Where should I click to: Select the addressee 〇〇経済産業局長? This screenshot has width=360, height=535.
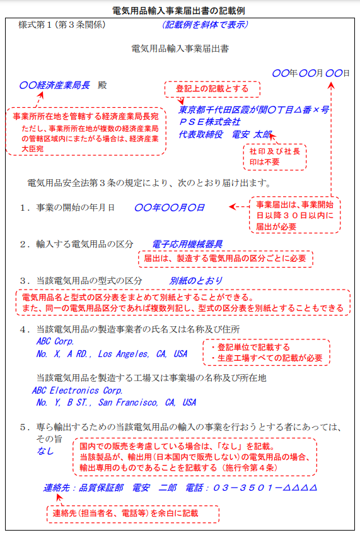pos(55,84)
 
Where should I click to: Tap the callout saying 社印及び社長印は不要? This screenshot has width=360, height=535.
pos(275,157)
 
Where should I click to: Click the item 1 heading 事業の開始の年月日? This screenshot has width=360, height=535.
pos(76,207)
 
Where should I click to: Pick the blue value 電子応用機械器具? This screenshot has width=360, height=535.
pos(187,244)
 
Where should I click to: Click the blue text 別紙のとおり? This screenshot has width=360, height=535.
pos(196,280)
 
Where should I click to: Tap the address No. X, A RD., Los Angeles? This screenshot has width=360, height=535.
pos(112,354)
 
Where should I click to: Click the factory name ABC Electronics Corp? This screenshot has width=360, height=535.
pos(78,390)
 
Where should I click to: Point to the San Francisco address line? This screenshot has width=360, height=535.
pos(116,402)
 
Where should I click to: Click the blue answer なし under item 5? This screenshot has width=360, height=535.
pos(45,451)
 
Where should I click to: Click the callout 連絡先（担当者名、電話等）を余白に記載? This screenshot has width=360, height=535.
pos(133,514)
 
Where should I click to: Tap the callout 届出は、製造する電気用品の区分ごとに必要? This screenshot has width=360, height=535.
pos(225,258)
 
